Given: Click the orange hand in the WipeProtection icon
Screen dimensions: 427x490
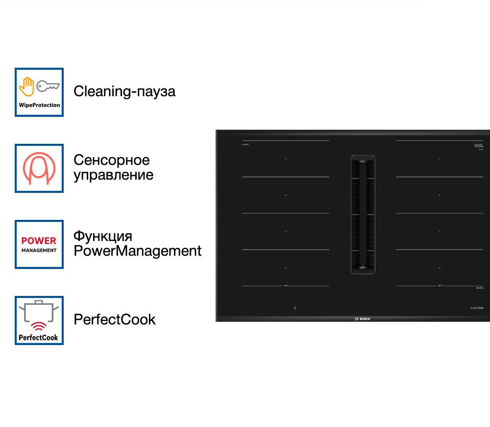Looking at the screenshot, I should point(26,86).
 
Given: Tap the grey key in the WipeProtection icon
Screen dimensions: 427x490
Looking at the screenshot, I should point(48,86).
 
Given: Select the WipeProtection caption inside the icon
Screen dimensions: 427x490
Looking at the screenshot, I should point(39,105).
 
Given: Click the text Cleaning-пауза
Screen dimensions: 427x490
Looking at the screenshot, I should point(124,91).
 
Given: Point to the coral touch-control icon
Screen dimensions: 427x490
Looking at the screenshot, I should point(39,168).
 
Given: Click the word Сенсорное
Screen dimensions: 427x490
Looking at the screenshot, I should point(111,160).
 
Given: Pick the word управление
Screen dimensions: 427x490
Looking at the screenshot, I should point(113,175).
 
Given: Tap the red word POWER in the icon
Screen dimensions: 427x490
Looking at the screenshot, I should point(39,240).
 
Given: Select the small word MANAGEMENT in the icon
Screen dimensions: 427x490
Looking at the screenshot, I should point(39,250).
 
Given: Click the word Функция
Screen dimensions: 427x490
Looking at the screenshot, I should point(102,236).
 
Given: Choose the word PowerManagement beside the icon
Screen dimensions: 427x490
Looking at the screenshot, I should point(137,251).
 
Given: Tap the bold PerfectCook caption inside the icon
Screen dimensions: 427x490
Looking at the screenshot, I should point(39,338).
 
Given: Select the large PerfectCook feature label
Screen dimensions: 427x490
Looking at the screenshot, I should point(114,320).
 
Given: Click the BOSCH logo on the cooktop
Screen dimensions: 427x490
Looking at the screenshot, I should point(362,319).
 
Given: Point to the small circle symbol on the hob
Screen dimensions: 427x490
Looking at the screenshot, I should point(295,308).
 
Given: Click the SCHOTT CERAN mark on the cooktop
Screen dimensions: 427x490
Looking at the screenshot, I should point(479,146).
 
